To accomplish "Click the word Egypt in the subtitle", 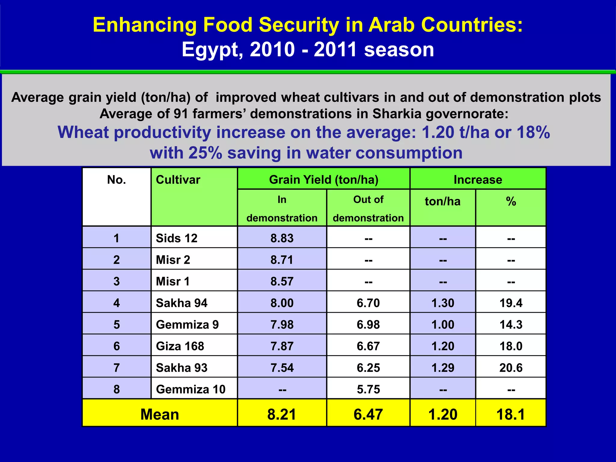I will click(x=212, y=50).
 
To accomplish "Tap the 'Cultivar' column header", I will click(x=178, y=180).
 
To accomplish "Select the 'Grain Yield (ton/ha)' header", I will click(x=323, y=180).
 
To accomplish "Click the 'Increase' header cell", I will click(x=478, y=180).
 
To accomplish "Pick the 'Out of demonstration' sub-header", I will click(x=368, y=208).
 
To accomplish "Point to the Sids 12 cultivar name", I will click(x=177, y=238).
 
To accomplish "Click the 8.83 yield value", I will click(x=282, y=238).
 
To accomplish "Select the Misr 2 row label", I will click(x=173, y=260).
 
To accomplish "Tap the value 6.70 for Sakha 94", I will click(x=368, y=303).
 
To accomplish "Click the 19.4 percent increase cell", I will click(x=511, y=303).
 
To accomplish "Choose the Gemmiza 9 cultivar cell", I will click(x=187, y=325).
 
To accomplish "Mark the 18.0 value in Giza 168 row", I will click(x=511, y=346).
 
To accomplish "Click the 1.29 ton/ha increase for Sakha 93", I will click(x=443, y=368).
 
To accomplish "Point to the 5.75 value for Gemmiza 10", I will click(x=368, y=390).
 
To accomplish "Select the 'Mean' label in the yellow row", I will click(x=160, y=414).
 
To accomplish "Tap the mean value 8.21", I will click(x=282, y=414).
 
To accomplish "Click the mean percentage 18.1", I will click(x=511, y=414).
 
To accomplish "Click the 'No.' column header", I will click(x=116, y=180).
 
